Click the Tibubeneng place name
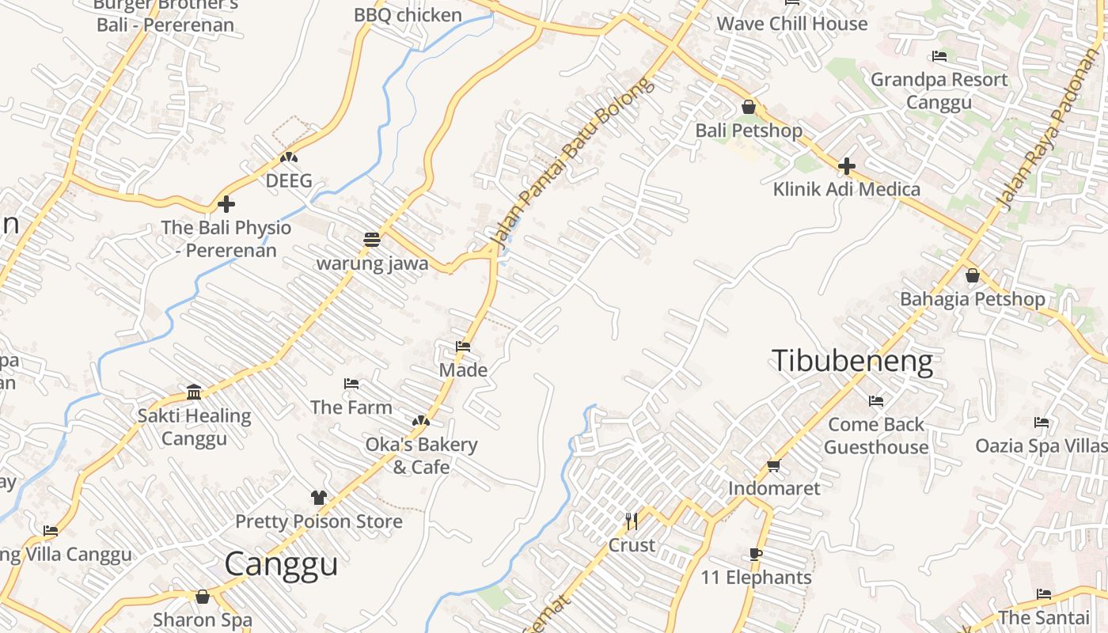[x=852, y=361]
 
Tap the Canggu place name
[x=281, y=564]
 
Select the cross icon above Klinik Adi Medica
[x=847, y=166]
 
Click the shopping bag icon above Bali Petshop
[x=749, y=107]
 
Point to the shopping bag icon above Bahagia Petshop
[x=973, y=275]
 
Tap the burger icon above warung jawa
[x=372, y=239]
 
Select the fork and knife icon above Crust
[x=632, y=521]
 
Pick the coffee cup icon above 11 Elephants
[x=756, y=555]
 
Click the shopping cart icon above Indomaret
[x=774, y=465]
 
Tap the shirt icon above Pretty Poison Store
[x=318, y=498]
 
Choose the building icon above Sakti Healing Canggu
[x=194, y=392]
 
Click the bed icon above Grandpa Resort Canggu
[x=939, y=56]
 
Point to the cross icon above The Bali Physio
[x=226, y=204]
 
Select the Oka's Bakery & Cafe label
[x=421, y=456]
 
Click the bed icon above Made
[x=463, y=347]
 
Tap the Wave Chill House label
[x=791, y=24]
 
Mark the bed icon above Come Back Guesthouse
[x=875, y=401]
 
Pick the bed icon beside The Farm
[x=351, y=384]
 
